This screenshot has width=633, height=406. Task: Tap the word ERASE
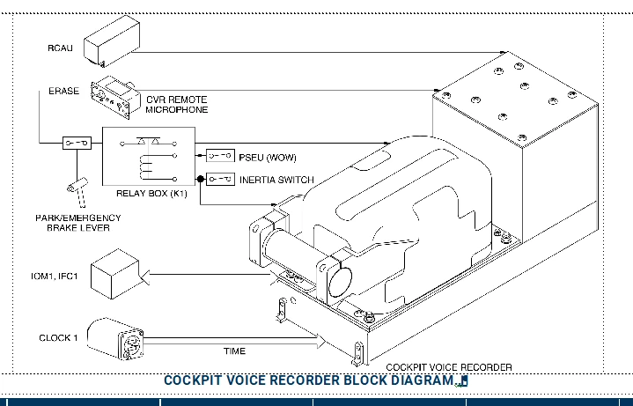click(63, 91)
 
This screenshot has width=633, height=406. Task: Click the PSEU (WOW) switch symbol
click(219, 157)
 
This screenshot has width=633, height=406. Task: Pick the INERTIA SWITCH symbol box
click(219, 180)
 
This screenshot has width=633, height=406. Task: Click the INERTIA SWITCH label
click(276, 181)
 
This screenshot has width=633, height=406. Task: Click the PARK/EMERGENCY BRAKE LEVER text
click(77, 222)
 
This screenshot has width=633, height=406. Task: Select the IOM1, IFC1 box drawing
click(114, 276)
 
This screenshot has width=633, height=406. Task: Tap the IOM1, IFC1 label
click(55, 277)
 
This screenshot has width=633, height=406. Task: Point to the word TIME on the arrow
click(234, 351)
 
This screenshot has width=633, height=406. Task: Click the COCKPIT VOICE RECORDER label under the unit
click(449, 367)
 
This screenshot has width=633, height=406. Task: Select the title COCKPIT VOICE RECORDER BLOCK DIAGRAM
click(310, 380)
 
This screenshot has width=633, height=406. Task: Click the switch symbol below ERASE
click(76, 142)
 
